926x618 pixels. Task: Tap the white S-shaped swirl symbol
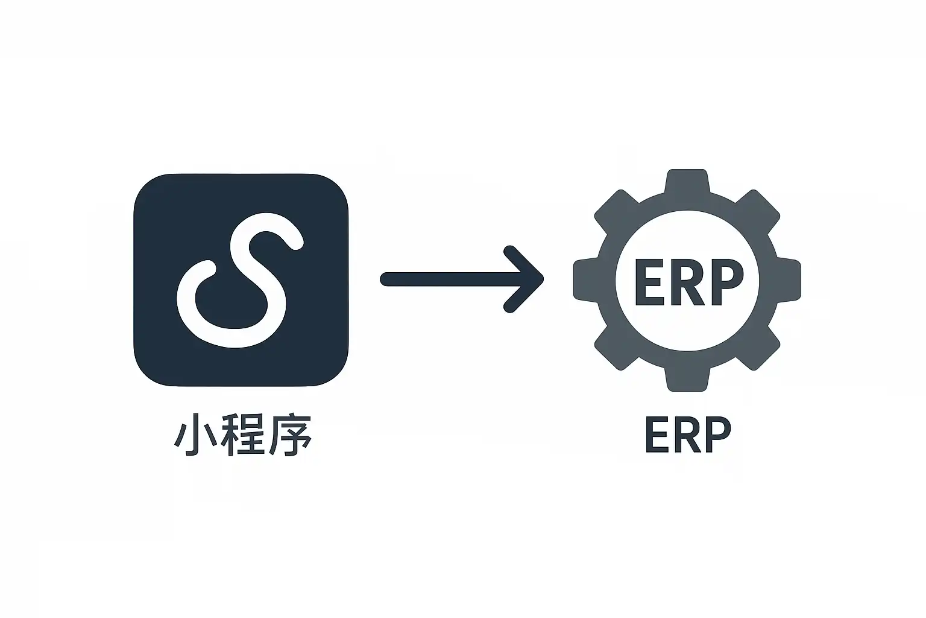click(x=239, y=281)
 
